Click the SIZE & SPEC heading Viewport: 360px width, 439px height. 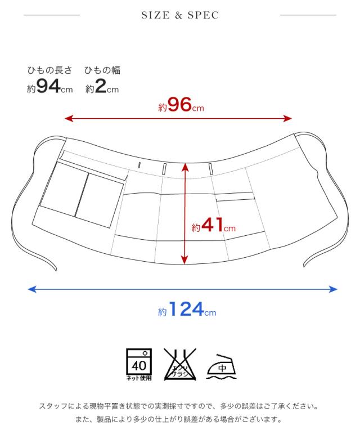180,15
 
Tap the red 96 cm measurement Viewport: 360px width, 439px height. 181,105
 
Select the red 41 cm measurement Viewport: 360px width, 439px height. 213,225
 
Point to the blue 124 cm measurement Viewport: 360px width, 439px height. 187,309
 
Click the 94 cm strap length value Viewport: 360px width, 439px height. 50,86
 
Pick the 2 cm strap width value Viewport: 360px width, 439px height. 102,86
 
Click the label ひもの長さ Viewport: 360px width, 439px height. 50,70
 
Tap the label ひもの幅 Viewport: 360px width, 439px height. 102,70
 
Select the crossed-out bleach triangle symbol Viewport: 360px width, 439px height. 180,364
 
